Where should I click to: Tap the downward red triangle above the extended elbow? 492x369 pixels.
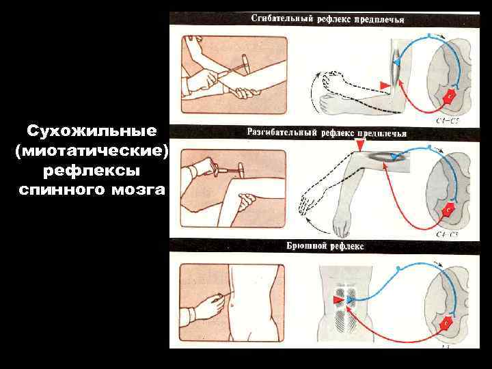click(360, 145)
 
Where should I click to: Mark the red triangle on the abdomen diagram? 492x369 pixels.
click(338, 299)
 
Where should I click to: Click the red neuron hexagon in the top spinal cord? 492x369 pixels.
click(450, 96)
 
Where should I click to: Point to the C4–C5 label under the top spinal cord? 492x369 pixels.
click(447, 120)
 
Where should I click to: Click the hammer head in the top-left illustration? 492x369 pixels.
click(247, 64)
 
